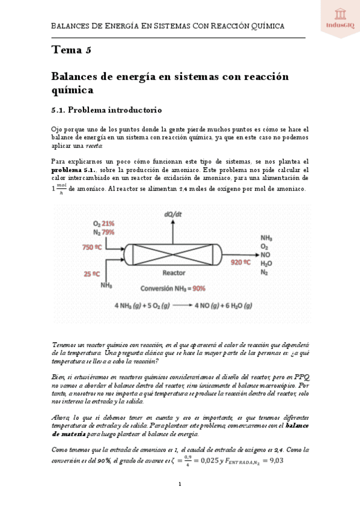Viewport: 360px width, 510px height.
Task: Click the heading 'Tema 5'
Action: click(x=72, y=50)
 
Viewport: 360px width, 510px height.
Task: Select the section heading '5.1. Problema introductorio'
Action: click(x=107, y=110)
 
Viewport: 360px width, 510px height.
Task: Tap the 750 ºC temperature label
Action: click(x=95, y=247)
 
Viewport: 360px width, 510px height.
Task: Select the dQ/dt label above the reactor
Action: click(x=173, y=214)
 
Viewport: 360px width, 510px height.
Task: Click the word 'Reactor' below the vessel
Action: click(x=174, y=272)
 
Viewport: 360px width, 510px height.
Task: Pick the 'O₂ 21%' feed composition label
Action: click(x=103, y=223)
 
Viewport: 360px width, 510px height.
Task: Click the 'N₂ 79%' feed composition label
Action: click(x=103, y=232)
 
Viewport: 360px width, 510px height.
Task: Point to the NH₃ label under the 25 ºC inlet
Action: click(x=108, y=284)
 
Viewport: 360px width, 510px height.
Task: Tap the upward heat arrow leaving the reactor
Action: click(x=173, y=232)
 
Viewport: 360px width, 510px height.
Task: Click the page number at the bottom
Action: click(x=180, y=484)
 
